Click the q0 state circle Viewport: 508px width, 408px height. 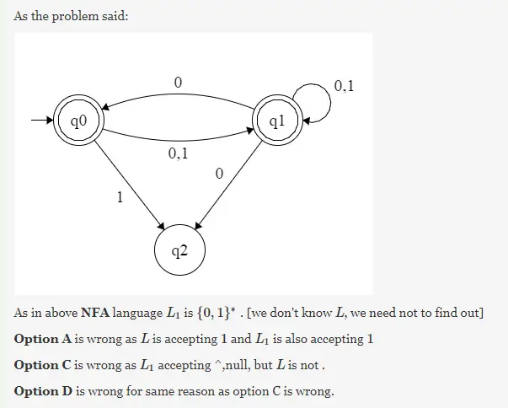[x=78, y=122]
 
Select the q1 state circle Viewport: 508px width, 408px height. [x=277, y=122]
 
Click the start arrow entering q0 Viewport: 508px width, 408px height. [x=40, y=122]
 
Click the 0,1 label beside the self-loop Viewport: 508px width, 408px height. [x=344, y=85]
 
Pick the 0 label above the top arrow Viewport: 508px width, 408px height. [x=178, y=82]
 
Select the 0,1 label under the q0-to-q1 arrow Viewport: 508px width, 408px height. [x=178, y=154]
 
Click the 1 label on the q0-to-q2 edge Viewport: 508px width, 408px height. [x=119, y=198]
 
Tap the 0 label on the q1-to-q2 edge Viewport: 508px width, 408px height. [x=219, y=174]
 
